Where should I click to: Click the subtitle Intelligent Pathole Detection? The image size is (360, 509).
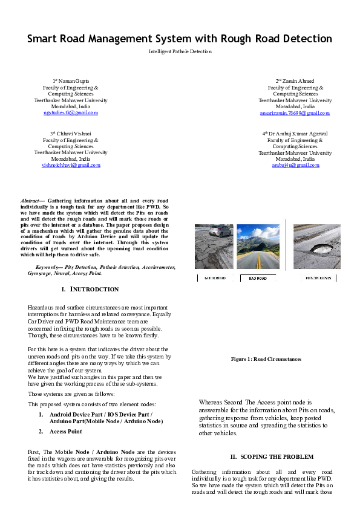tap(180, 52)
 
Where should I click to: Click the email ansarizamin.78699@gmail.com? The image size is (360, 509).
tap(295, 112)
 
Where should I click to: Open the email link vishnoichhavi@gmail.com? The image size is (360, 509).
tap(71, 165)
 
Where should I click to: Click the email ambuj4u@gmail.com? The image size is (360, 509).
tap(295, 165)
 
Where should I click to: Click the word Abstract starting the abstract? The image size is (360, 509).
tap(30, 200)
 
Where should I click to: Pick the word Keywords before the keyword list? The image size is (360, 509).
tap(48, 267)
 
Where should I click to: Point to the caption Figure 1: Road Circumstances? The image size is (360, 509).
tap(266, 359)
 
